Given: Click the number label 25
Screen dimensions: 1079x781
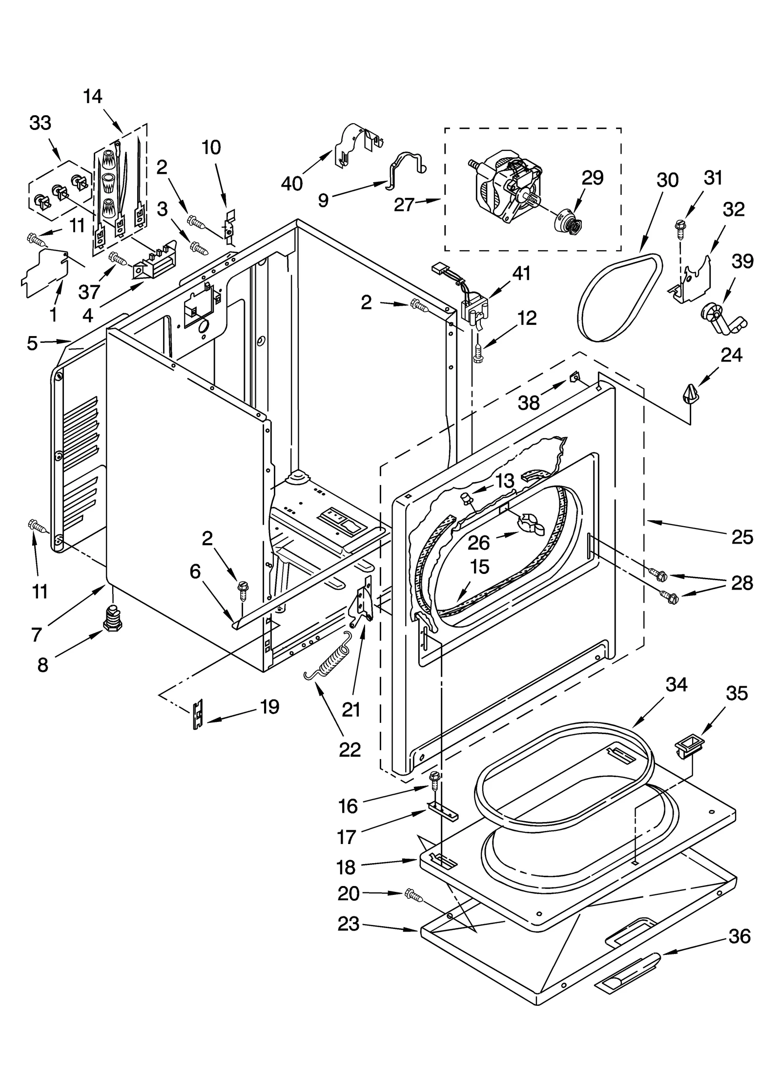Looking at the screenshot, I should click(742, 537).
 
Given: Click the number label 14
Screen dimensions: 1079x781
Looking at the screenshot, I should click(93, 96).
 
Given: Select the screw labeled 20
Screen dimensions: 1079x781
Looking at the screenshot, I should click(413, 895).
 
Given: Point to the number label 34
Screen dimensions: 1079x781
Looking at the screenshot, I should click(677, 685).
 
